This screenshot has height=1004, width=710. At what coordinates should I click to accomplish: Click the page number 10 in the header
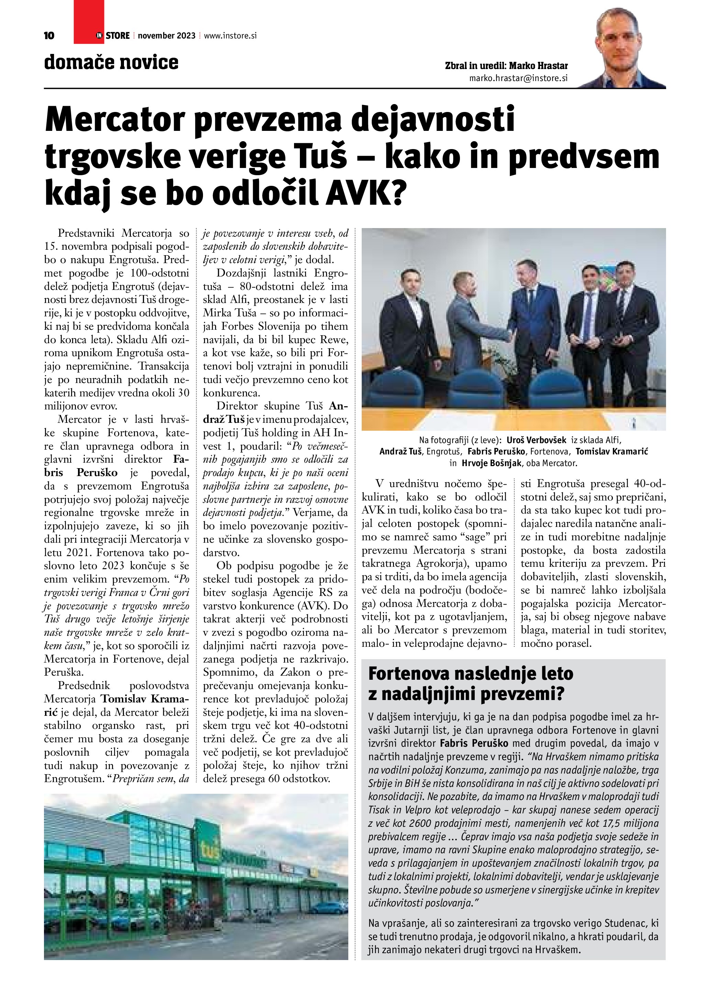[x=49, y=36]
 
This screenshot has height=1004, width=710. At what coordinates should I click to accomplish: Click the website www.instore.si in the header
[x=230, y=36]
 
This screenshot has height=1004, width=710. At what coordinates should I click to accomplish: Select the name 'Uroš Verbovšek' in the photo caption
[x=536, y=440]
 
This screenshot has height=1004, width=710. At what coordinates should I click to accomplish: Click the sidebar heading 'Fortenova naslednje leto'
[x=471, y=674]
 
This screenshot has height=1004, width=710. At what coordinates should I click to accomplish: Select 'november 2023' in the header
[x=167, y=36]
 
